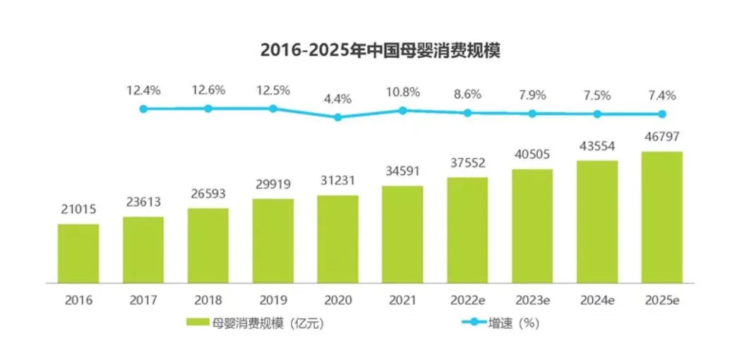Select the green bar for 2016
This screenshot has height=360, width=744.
point(78,253)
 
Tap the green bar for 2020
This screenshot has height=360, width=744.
point(337,239)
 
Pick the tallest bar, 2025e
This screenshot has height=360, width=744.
point(661,217)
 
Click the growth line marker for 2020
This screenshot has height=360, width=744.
point(338,117)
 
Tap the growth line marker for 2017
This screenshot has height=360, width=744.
point(143,109)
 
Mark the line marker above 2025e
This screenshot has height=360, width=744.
point(662,114)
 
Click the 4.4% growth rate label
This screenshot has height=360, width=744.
point(338,99)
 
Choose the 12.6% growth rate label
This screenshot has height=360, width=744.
point(208,90)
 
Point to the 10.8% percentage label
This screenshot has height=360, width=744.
point(402,92)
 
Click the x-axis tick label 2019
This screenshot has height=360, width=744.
point(273,299)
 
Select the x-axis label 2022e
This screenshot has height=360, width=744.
point(467,299)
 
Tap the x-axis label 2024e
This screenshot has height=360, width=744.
point(597,299)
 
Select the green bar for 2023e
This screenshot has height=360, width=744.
point(532,225)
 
